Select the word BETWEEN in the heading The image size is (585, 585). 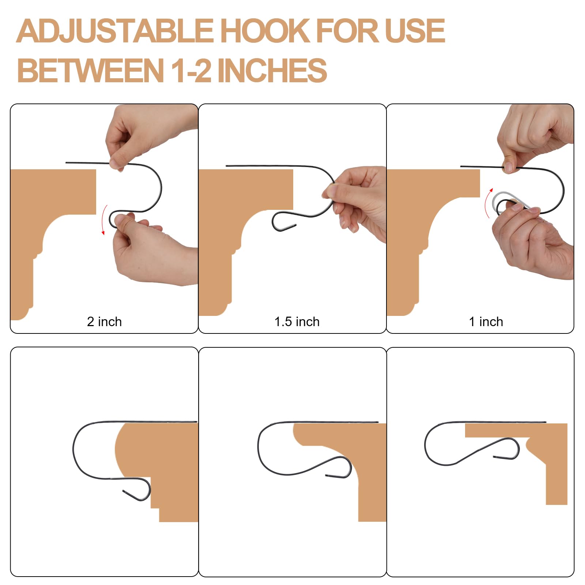(90, 70)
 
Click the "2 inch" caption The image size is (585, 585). (104, 322)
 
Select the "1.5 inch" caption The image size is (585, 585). (297, 322)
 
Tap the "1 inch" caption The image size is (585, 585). (486, 322)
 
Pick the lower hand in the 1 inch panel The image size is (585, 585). (534, 241)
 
